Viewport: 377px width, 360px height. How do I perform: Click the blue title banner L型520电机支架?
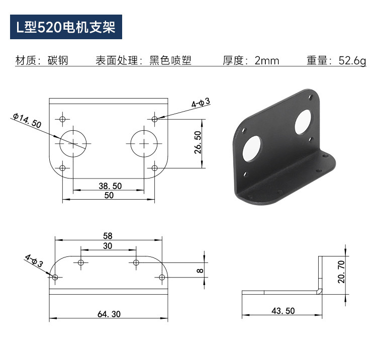(66, 27)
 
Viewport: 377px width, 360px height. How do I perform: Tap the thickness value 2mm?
(267, 61)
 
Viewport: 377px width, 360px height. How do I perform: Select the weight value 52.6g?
(352, 61)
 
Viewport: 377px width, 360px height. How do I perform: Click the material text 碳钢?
(58, 60)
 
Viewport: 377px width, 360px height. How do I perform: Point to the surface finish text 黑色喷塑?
(170, 60)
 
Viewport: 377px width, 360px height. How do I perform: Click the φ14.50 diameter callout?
(27, 120)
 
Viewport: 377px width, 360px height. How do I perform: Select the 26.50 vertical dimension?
(198, 142)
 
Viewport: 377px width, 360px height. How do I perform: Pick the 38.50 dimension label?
(110, 186)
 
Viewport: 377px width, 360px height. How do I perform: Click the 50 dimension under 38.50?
(109, 195)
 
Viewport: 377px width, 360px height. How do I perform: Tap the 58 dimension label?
(108, 236)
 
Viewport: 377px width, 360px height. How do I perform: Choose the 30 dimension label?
(108, 246)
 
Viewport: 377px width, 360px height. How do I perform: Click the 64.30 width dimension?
(109, 314)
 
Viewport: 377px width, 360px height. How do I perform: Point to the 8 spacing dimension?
(200, 271)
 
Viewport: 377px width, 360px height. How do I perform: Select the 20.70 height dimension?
(341, 272)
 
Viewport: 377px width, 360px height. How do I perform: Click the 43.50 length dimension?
(283, 311)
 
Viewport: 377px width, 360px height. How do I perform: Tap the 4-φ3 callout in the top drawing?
(201, 103)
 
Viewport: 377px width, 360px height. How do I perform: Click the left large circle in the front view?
(73, 144)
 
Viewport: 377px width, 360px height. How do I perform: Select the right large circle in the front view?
(144, 144)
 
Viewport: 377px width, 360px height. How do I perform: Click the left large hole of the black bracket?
(252, 148)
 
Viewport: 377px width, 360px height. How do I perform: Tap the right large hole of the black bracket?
(303, 122)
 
